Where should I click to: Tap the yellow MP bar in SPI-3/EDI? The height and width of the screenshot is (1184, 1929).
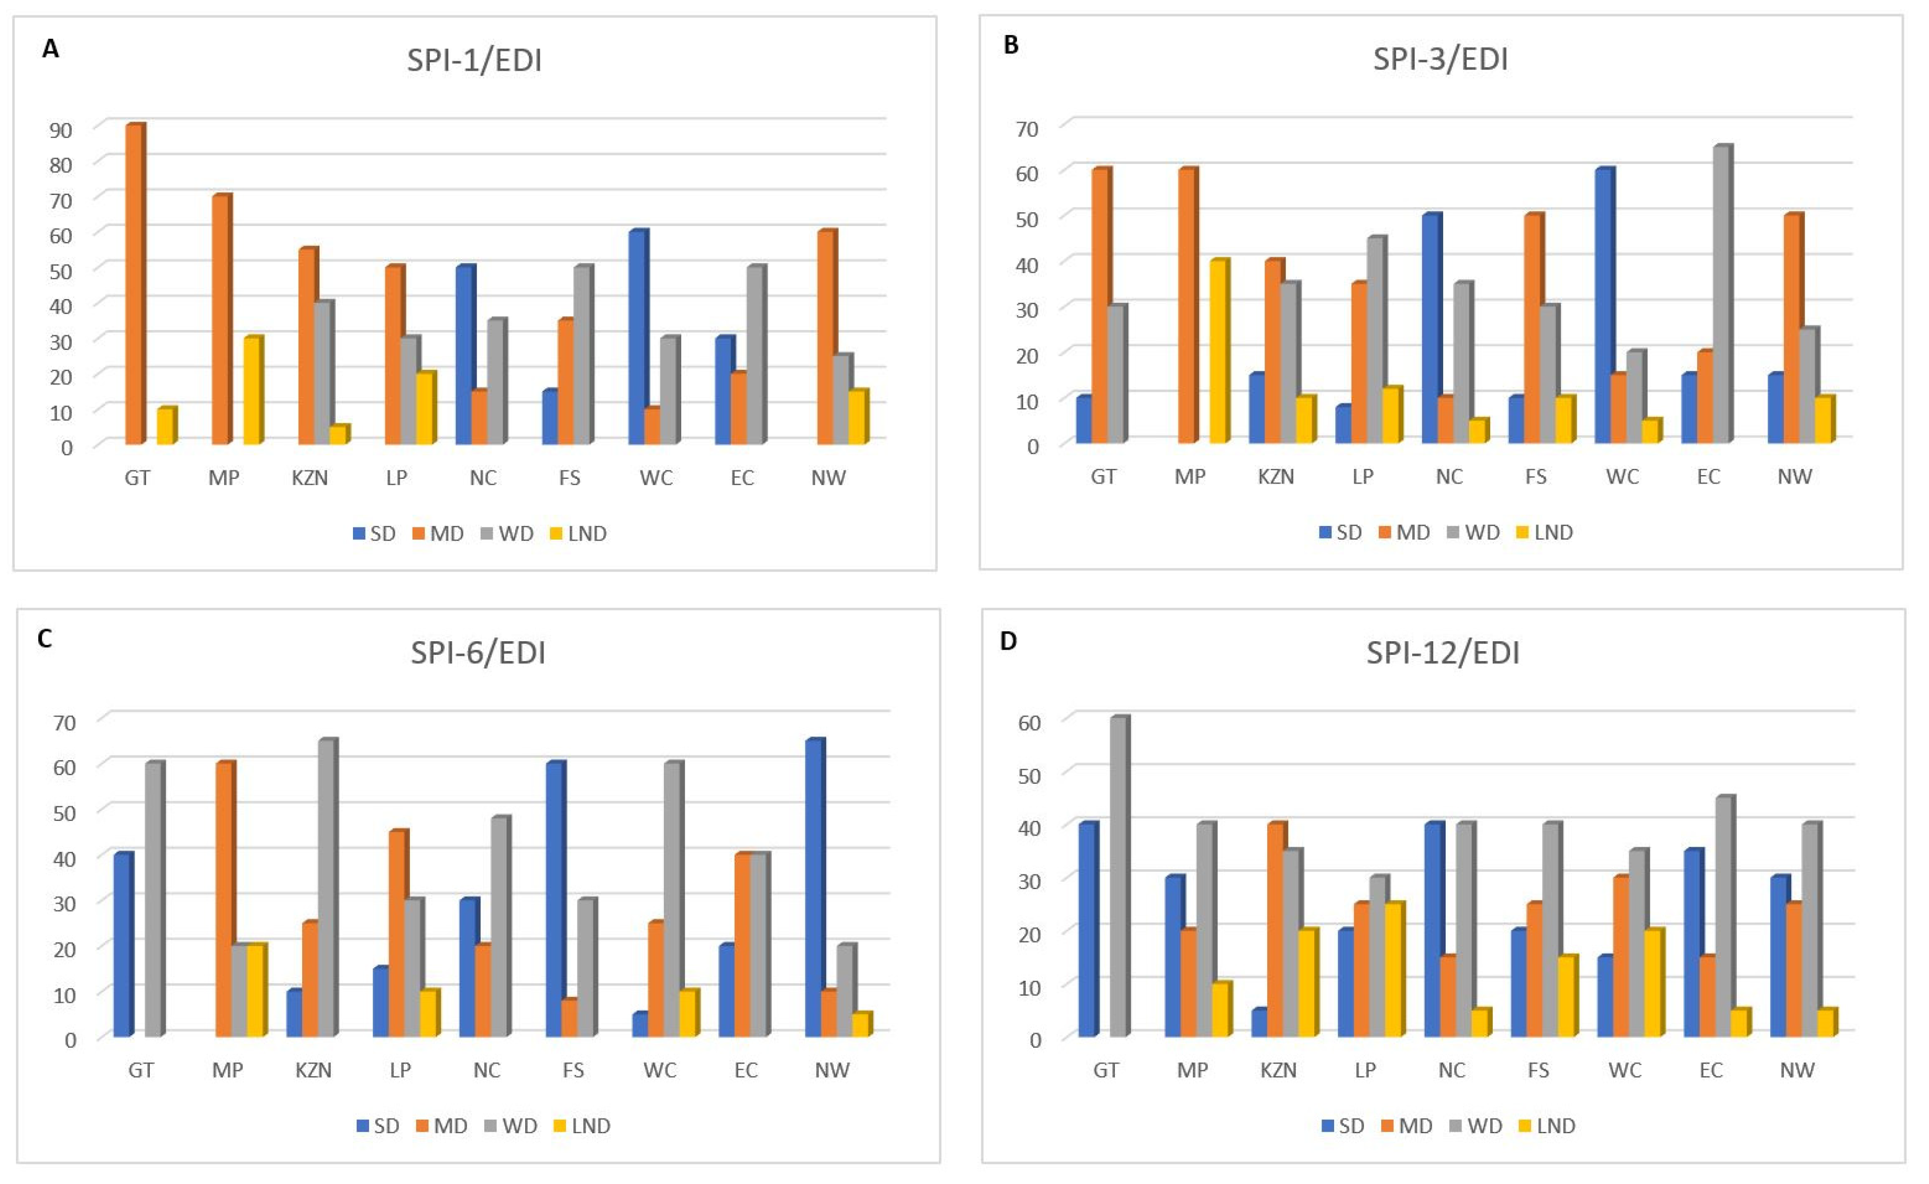pos(1219,351)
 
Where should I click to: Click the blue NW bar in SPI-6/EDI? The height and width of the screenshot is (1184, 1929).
pos(815,888)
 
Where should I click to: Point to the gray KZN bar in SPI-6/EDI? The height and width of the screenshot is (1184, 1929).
pos(328,888)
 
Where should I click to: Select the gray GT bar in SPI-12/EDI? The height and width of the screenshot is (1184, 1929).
pos(1119,877)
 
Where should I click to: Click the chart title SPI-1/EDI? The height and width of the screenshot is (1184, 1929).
pos(474,60)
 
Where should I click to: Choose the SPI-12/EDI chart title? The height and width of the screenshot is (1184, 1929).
pos(1443,652)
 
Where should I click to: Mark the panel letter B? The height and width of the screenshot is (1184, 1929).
pos(1011,46)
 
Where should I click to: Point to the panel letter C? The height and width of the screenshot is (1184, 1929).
pos(45,639)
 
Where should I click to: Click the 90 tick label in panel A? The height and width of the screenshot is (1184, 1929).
pos(60,130)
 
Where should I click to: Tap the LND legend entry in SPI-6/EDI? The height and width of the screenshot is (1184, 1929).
pos(582,1126)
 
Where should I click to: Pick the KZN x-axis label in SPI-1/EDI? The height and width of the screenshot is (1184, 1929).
pos(310,478)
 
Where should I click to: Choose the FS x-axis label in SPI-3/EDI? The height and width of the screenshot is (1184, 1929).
pos(1535,476)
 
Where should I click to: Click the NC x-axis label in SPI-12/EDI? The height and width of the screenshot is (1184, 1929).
pos(1451,1070)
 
